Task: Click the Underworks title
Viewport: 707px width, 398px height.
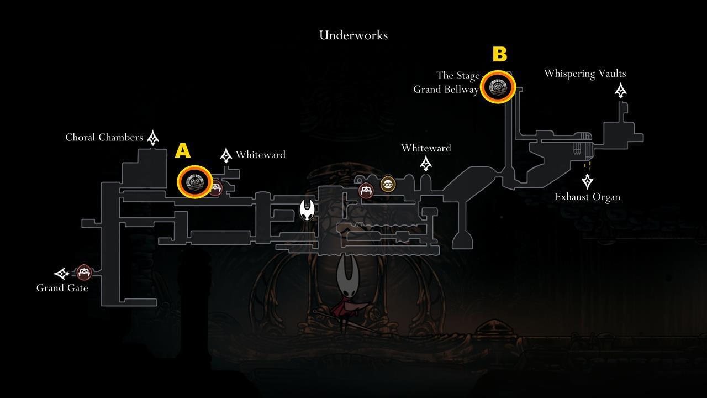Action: click(x=353, y=35)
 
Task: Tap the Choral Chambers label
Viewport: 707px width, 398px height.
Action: click(x=104, y=137)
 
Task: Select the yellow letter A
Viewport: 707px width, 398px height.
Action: click(x=183, y=151)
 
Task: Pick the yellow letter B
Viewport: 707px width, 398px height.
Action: click(x=499, y=54)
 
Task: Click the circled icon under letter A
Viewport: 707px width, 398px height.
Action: click(x=194, y=181)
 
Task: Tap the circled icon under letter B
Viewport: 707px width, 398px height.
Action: click(x=498, y=87)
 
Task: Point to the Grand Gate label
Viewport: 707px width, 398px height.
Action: click(x=62, y=288)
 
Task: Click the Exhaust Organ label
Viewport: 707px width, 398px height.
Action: click(x=587, y=197)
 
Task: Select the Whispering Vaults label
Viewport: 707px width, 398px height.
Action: click(x=584, y=74)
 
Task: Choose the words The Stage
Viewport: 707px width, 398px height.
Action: click(x=458, y=75)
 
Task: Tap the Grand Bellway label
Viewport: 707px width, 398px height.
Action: click(x=446, y=89)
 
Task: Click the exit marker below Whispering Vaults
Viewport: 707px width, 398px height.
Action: click(x=621, y=90)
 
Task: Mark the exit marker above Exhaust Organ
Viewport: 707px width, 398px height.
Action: click(x=587, y=181)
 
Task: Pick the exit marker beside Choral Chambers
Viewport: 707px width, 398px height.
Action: click(x=153, y=138)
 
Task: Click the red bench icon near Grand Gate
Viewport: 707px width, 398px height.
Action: click(x=83, y=273)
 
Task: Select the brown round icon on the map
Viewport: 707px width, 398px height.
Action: click(x=388, y=184)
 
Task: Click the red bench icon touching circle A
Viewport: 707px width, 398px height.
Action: click(x=215, y=188)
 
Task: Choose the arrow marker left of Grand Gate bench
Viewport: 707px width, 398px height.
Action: click(x=62, y=273)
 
